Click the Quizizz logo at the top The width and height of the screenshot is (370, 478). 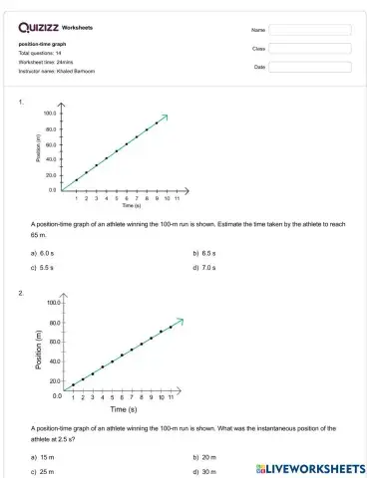[37, 28]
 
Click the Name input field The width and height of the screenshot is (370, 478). [310, 30]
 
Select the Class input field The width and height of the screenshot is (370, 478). [310, 48]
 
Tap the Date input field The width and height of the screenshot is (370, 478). [310, 67]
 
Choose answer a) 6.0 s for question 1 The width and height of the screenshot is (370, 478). [45, 254]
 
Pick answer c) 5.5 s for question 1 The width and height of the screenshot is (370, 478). [45, 267]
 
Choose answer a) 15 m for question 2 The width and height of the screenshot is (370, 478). [43, 457]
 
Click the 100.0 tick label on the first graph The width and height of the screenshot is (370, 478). [50, 114]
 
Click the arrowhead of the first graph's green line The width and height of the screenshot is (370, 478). [165, 117]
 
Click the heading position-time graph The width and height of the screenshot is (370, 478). [42, 45]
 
